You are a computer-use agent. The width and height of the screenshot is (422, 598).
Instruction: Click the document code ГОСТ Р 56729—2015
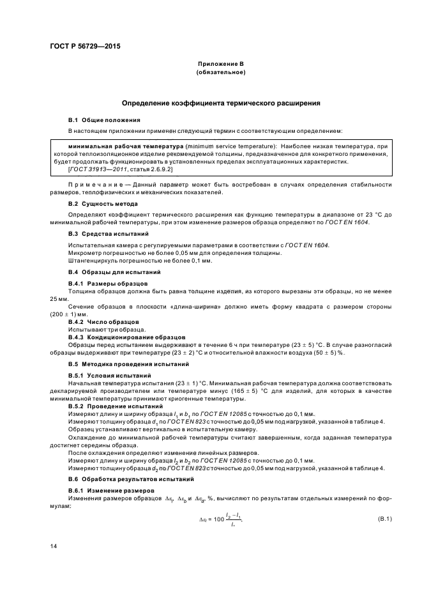click(85, 47)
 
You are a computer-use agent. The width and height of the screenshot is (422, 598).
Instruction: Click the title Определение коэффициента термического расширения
click(220, 102)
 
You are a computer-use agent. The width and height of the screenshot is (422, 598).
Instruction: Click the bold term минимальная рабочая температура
click(110, 147)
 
